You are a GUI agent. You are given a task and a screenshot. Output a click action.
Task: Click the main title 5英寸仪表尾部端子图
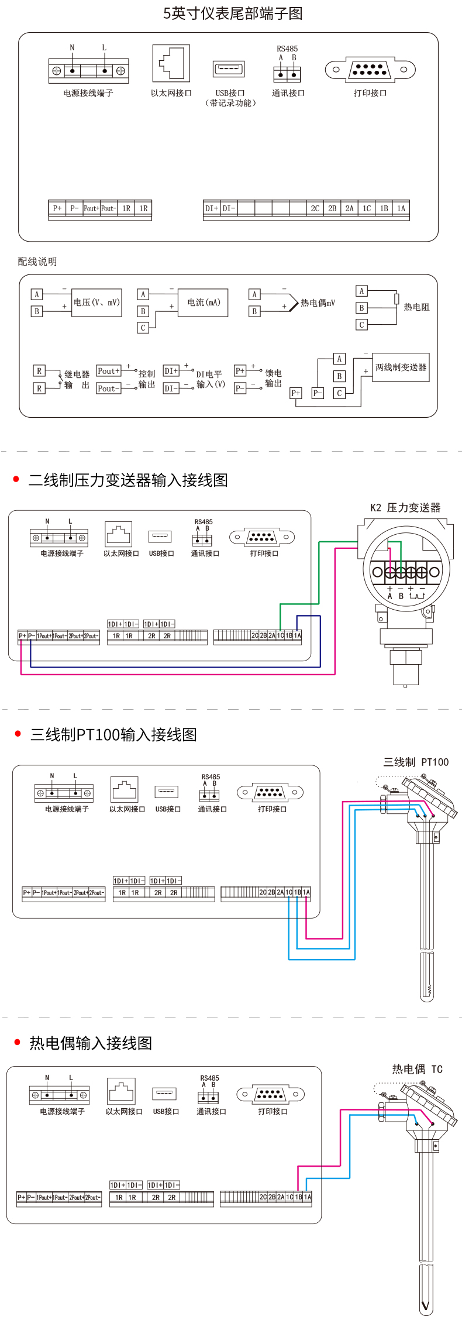click(x=233, y=13)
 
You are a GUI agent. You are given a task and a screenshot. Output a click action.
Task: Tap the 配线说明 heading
click(x=37, y=262)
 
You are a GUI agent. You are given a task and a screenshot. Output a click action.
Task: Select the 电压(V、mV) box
click(x=96, y=302)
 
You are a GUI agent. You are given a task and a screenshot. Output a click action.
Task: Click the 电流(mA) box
click(x=203, y=302)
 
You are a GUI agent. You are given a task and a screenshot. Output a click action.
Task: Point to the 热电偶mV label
click(x=318, y=303)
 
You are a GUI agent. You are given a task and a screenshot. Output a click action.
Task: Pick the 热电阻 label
click(x=416, y=307)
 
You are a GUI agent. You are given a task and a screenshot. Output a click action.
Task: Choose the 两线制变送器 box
click(x=401, y=367)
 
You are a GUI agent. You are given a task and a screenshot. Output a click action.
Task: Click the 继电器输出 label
click(x=77, y=380)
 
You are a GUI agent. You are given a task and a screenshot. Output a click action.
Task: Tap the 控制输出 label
click(x=147, y=379)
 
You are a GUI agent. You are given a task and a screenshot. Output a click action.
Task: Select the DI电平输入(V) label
click(x=210, y=379)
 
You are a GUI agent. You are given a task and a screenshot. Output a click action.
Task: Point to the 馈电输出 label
click(x=273, y=378)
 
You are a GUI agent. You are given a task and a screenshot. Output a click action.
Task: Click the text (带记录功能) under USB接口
click(x=230, y=103)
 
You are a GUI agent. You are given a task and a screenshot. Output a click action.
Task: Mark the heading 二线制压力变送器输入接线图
click(x=128, y=480)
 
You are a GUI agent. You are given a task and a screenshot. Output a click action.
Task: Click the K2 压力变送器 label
click(x=405, y=508)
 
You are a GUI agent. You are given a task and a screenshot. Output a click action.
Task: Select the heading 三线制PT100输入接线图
click(x=113, y=735)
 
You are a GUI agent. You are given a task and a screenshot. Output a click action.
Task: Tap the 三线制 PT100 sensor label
click(x=416, y=762)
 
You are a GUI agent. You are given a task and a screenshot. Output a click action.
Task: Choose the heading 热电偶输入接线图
click(x=91, y=1043)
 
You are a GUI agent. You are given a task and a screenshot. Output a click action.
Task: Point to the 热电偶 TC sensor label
click(x=417, y=1070)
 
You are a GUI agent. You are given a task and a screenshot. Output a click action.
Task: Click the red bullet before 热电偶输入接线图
click(x=17, y=1042)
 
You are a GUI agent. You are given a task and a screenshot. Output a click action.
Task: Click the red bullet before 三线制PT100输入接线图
click(x=18, y=734)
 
